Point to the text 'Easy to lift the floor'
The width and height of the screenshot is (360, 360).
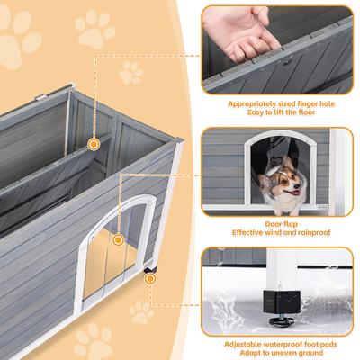pos(276,114)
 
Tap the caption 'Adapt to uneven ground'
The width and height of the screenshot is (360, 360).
pos(276,354)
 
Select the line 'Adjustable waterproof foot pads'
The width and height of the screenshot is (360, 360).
pos(276,344)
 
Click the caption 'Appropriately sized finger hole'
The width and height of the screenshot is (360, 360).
pos(276,104)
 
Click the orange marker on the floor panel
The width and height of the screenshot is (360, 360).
pos(92,143)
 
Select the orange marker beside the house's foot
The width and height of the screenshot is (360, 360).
pos(149,279)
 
